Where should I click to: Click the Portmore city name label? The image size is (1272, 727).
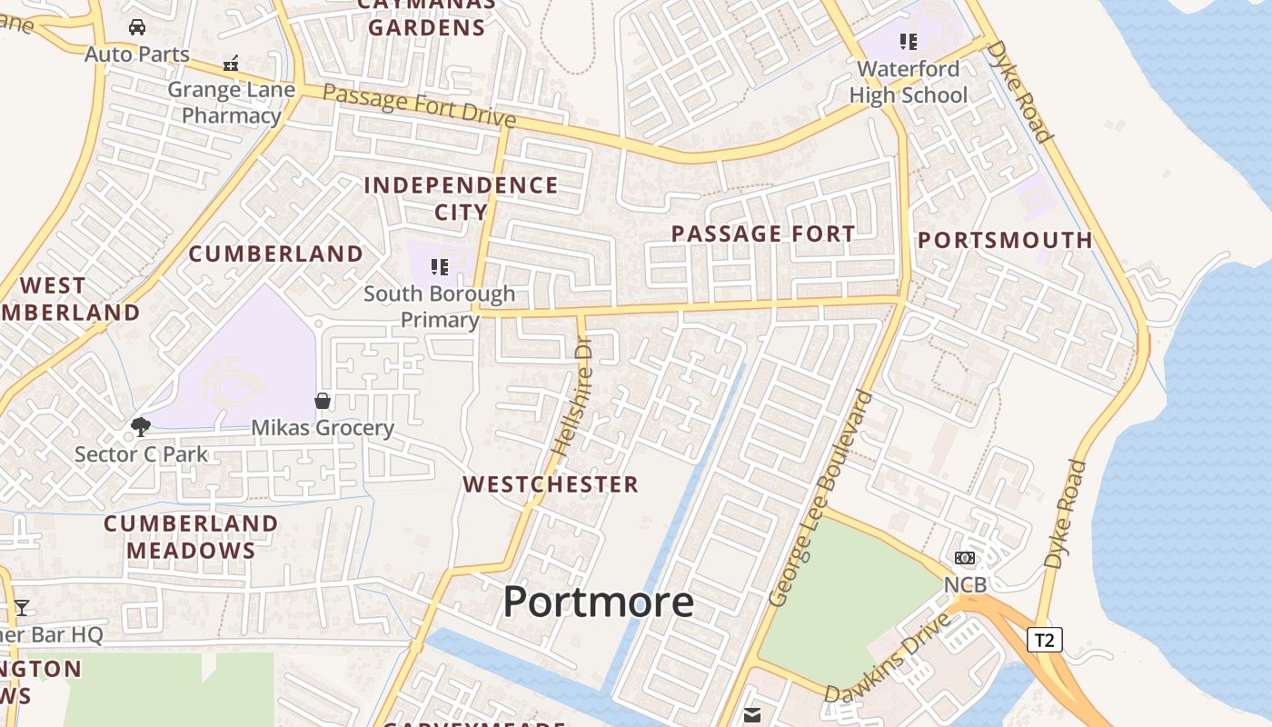(x=598, y=602)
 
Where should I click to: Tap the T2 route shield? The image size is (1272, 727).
(x=1045, y=640)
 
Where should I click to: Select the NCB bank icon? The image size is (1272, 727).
(x=965, y=558)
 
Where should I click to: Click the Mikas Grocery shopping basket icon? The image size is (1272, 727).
(x=323, y=401)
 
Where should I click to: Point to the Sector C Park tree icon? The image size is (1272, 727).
(x=140, y=426)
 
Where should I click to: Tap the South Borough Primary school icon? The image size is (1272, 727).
(x=441, y=267)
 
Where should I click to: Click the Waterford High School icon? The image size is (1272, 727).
(x=909, y=42)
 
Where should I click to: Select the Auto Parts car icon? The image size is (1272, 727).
(x=137, y=27)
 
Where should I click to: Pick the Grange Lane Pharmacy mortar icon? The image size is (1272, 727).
(x=231, y=64)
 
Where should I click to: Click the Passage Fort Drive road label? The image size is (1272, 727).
(x=419, y=105)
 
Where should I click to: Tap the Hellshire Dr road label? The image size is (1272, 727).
(x=572, y=398)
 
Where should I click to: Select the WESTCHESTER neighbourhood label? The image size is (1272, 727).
(x=551, y=484)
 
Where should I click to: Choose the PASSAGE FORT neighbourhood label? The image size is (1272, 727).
(x=763, y=234)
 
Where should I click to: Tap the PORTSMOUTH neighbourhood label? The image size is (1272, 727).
(x=1005, y=240)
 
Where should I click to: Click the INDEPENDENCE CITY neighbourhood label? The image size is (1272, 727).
(x=461, y=198)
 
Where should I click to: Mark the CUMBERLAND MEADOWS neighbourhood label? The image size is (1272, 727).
(x=191, y=536)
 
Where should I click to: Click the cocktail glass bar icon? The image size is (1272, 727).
(x=22, y=607)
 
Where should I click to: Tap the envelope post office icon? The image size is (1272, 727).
(x=752, y=715)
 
